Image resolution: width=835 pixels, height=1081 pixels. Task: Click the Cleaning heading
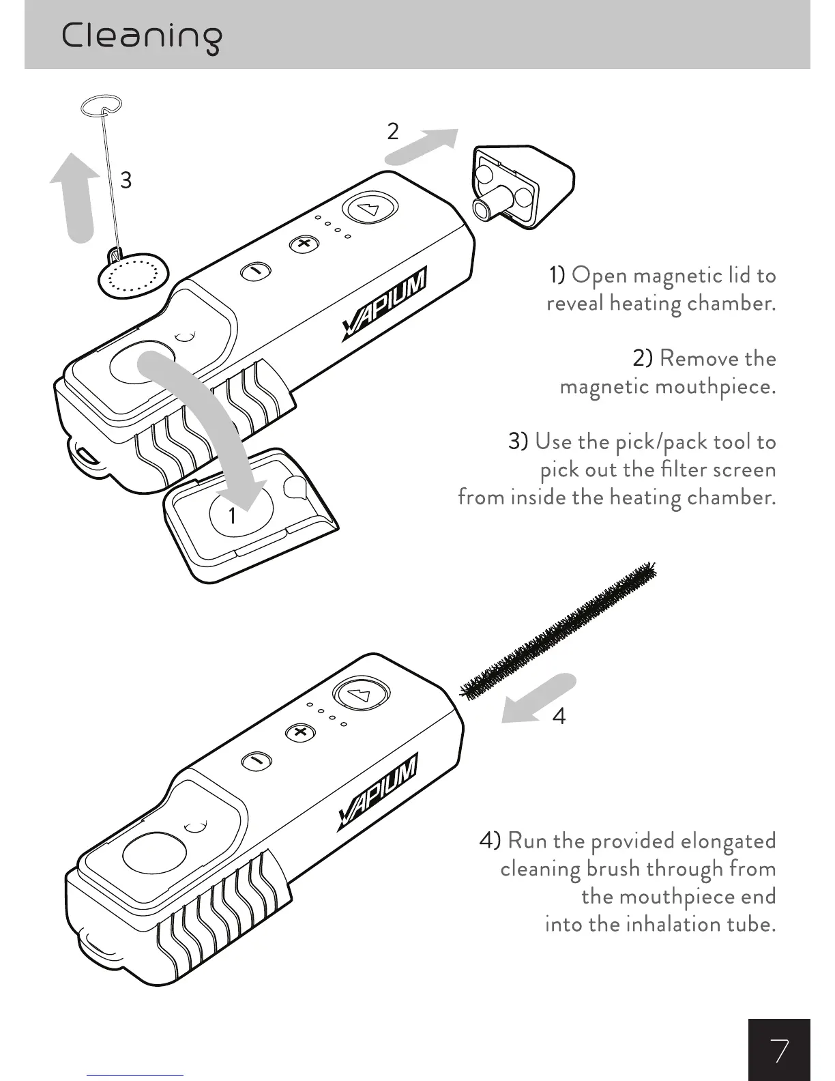[x=142, y=37]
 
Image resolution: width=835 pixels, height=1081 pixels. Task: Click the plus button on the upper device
[x=304, y=244]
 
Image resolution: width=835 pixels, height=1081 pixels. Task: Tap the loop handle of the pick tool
[x=101, y=105]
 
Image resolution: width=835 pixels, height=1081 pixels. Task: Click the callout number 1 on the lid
[x=232, y=515]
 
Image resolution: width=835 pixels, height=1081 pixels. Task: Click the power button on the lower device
[x=362, y=694]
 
